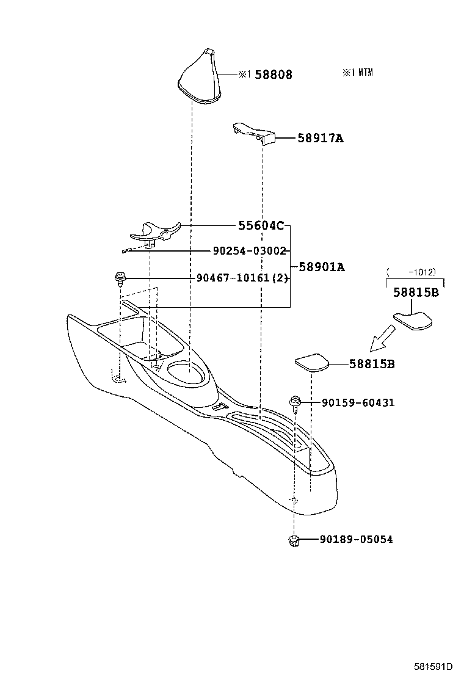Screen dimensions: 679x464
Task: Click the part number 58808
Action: (274, 74)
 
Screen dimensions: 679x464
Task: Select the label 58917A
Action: (320, 139)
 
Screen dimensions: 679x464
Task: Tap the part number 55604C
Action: (261, 226)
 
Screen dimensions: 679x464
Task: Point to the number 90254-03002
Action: (241, 251)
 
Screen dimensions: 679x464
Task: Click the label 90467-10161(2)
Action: (242, 278)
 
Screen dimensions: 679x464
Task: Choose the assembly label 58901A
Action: (321, 267)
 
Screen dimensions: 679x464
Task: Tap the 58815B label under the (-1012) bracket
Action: (415, 292)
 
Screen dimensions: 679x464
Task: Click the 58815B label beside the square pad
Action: (372, 364)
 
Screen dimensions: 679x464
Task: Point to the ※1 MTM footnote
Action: (357, 72)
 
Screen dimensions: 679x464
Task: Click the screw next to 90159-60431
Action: (295, 403)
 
